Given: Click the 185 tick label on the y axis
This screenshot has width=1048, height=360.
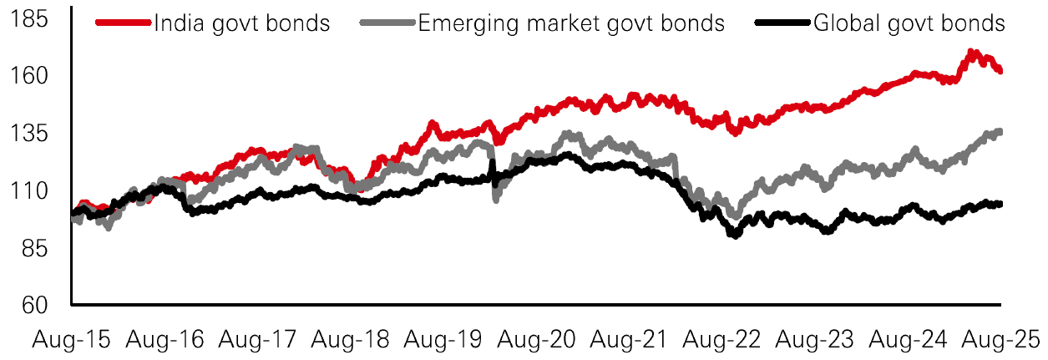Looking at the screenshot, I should [x=42, y=18].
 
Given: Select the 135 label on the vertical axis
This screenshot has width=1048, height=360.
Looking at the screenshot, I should [x=42, y=134].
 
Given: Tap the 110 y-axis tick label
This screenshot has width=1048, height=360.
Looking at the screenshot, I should [x=42, y=191].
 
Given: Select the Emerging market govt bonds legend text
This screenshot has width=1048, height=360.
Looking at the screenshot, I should [x=571, y=23].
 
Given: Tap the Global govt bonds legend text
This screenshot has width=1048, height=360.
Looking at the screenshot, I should [x=909, y=23].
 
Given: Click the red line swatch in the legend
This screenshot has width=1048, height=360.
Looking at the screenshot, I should [x=124, y=23].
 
